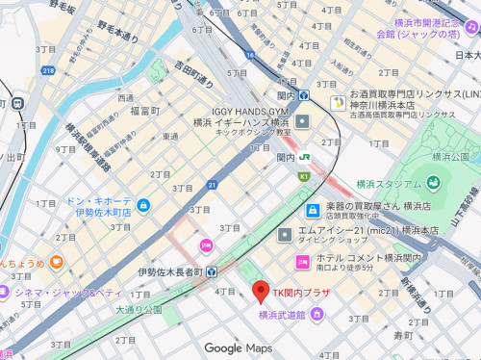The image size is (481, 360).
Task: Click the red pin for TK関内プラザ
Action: point(258,291)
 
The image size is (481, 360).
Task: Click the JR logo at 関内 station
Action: point(303,158)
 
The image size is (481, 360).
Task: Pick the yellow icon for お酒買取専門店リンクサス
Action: point(338,102)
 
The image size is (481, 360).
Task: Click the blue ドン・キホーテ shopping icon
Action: point(143,205)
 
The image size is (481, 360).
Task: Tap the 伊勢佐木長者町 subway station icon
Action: point(213,272)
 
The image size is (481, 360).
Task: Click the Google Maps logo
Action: point(238,347)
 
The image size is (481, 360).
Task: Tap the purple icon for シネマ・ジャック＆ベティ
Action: point(6,292)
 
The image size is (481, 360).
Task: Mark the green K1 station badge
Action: point(304,176)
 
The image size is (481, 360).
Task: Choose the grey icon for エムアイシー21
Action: point(285,235)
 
